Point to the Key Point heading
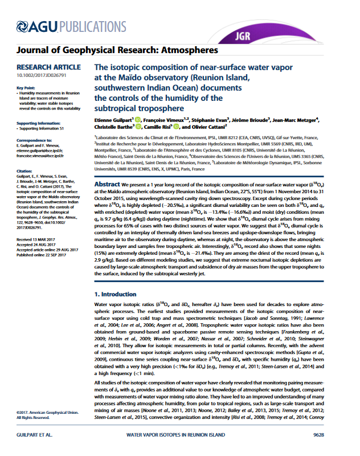click(26, 87)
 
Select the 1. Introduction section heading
click(116, 294)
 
